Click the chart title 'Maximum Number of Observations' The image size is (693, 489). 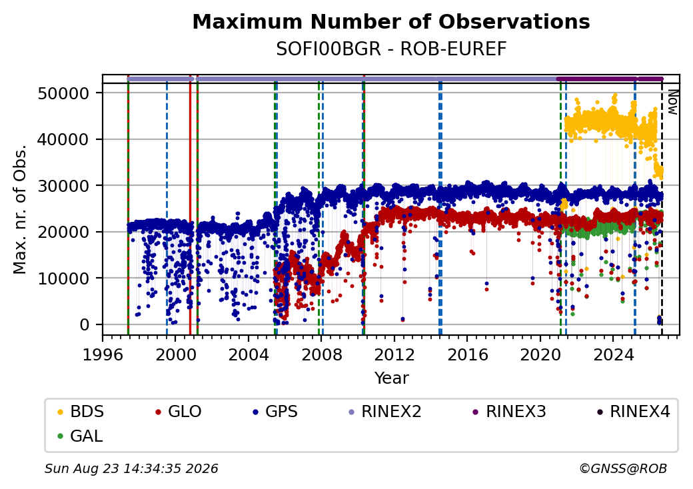click(x=391, y=21)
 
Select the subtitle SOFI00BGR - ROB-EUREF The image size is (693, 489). click(x=391, y=49)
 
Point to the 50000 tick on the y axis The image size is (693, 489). click(x=64, y=93)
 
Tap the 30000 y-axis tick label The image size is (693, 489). click(x=64, y=186)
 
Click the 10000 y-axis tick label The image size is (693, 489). click(x=64, y=278)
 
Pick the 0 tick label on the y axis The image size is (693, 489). click(x=85, y=324)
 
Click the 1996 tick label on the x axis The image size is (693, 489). click(x=103, y=354)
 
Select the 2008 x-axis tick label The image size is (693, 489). click(x=321, y=354)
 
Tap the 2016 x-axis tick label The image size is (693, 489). click(x=467, y=354)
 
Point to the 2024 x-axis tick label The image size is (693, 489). click(x=613, y=354)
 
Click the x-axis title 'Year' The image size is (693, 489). click(x=392, y=378)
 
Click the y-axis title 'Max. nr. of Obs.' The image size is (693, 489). click(x=19, y=209)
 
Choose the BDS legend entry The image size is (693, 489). click(x=81, y=412)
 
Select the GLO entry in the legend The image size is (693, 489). click(x=179, y=412)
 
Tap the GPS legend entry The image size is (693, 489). click(x=275, y=412)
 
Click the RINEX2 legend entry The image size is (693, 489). click(x=385, y=412)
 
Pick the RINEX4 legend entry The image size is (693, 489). click(x=633, y=412)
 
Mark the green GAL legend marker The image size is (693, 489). click(x=61, y=436)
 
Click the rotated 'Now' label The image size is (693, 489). click(x=672, y=102)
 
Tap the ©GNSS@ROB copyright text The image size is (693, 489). click(x=623, y=468)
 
